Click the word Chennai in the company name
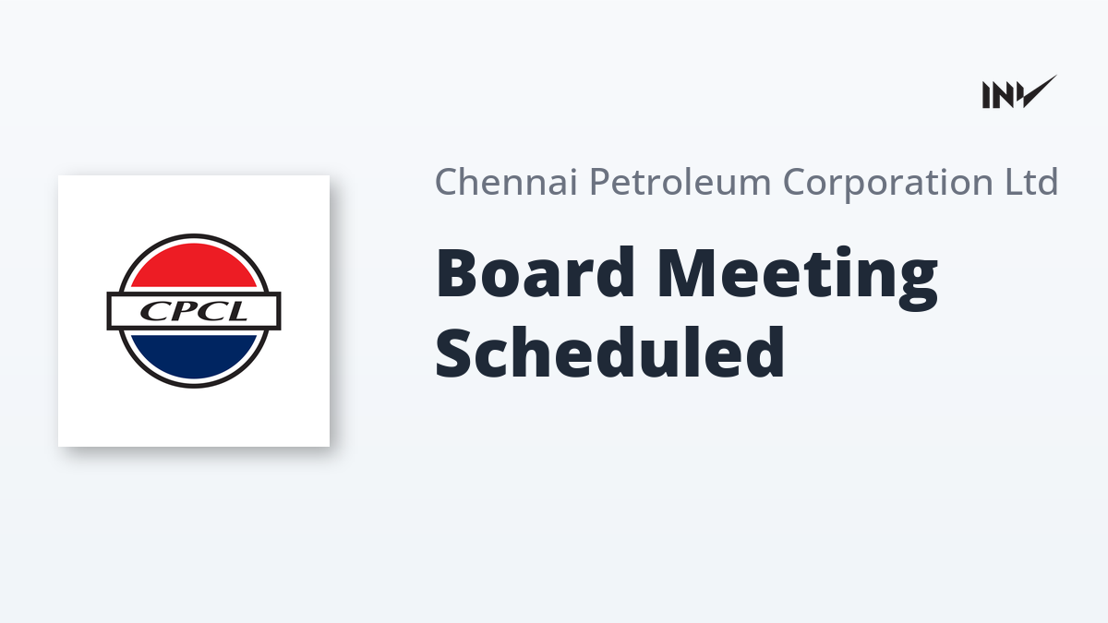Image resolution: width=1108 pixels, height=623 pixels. pyautogui.click(x=506, y=182)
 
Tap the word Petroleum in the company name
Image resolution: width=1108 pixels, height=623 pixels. pyautogui.click(x=680, y=182)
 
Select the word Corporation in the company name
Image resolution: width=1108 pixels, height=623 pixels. pyautogui.click(x=888, y=183)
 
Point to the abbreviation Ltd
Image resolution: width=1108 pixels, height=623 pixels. pyautogui.click(x=1031, y=182)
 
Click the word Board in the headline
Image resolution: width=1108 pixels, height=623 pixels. pyautogui.click(x=535, y=272)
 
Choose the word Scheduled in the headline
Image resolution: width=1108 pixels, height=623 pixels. pyautogui.click(x=609, y=352)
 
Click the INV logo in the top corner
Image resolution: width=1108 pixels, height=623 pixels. pyautogui.click(x=1019, y=92)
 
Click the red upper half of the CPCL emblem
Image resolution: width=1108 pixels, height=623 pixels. pyautogui.click(x=194, y=265)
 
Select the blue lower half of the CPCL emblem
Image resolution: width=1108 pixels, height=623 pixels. pyautogui.click(x=194, y=356)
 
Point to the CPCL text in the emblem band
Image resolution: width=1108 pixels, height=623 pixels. pyautogui.click(x=193, y=311)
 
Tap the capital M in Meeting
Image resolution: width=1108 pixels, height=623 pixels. pyautogui.click(x=687, y=273)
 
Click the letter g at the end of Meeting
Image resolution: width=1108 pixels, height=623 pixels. pyautogui.click(x=918, y=286)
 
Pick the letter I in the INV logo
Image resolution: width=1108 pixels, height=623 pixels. pyautogui.click(x=986, y=95)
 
